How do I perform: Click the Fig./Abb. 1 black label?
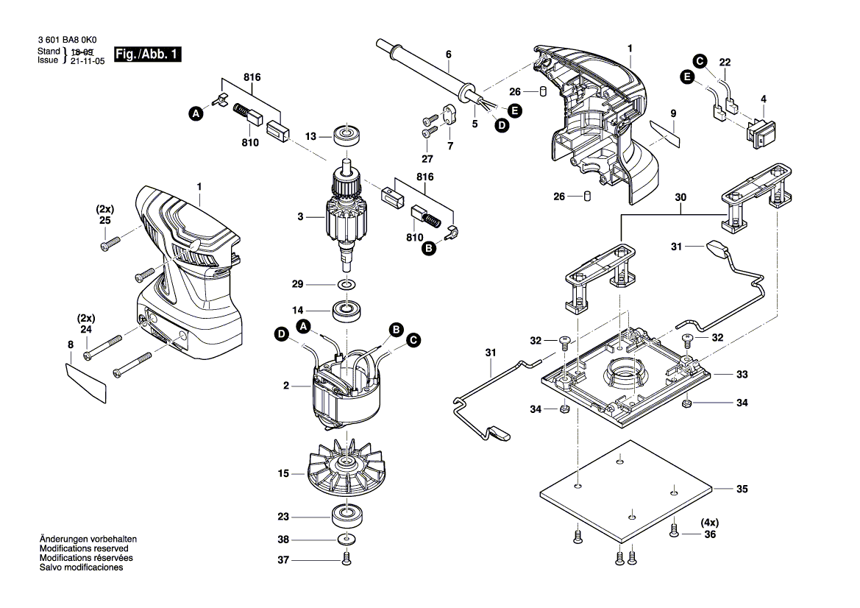click(147, 55)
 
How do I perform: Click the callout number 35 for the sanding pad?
click(742, 488)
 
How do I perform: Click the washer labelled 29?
click(345, 284)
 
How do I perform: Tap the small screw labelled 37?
click(347, 562)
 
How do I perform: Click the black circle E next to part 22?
click(686, 77)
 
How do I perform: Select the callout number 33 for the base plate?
click(742, 375)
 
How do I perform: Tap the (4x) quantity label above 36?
click(708, 523)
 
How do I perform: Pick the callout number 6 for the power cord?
click(448, 54)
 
